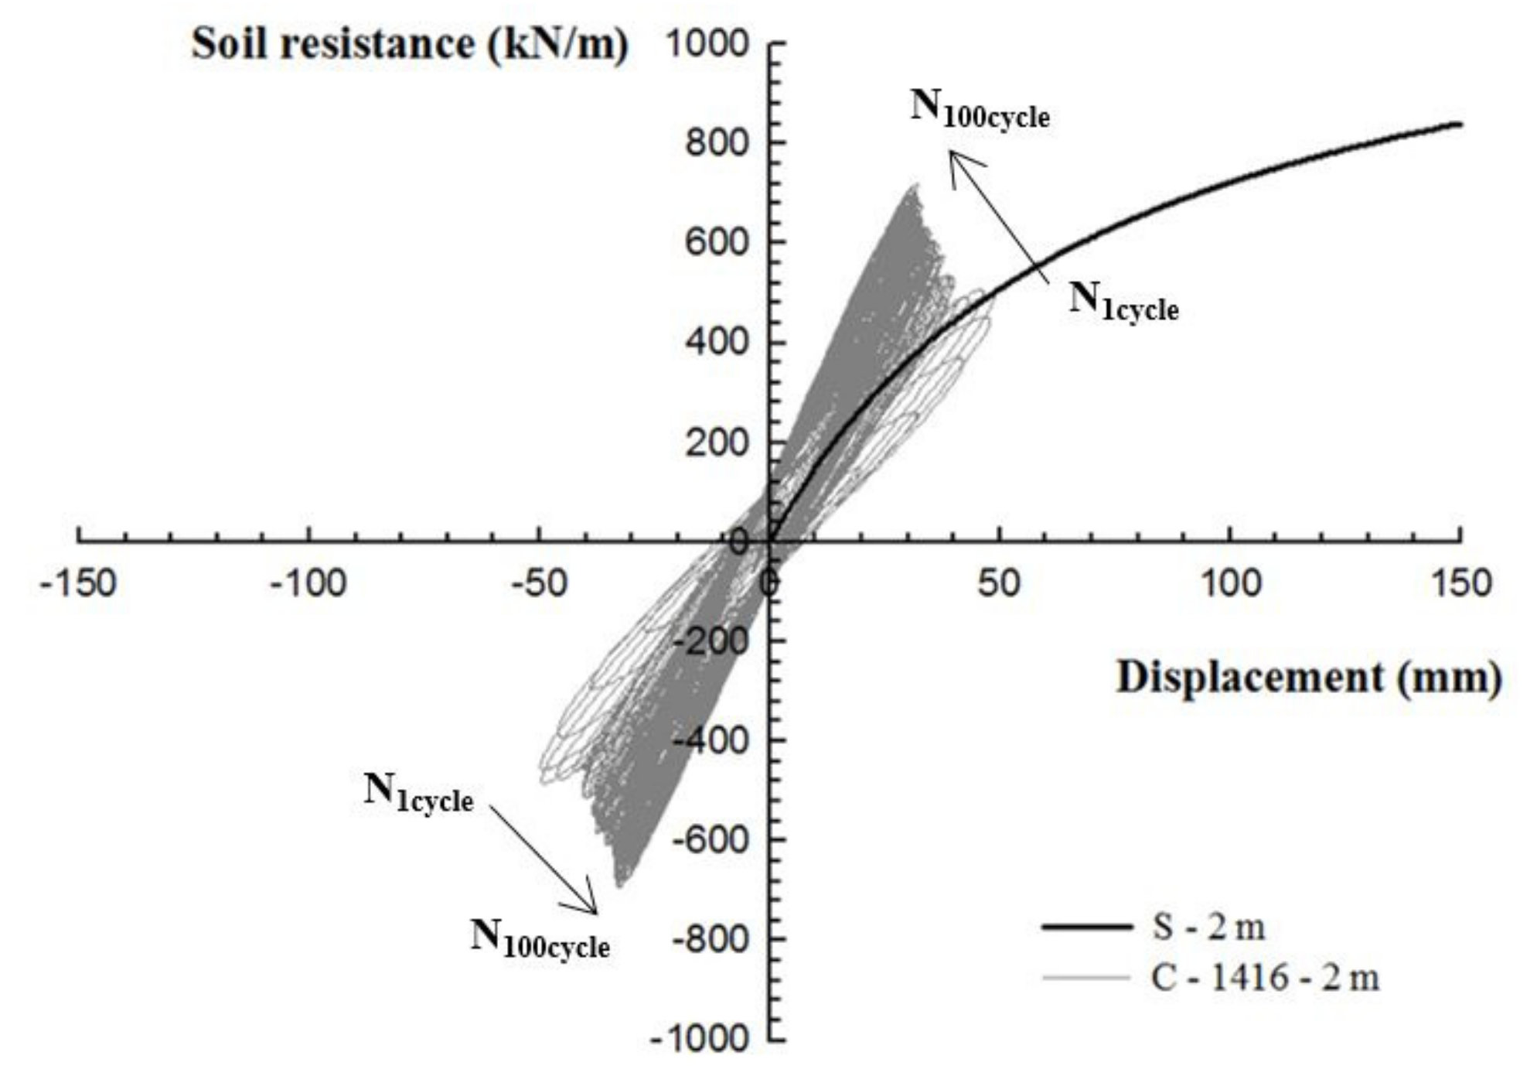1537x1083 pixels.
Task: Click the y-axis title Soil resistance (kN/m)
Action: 409,43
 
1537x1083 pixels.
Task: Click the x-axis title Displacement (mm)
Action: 1308,678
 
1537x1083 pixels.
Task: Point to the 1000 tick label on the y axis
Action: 707,43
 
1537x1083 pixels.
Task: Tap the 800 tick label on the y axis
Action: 717,143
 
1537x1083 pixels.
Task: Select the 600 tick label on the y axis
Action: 717,243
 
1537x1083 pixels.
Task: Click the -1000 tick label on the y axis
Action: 700,1039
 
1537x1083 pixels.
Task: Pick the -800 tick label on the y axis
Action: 709,939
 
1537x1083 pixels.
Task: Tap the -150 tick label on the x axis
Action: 78,582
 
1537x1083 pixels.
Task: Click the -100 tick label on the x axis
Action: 308,582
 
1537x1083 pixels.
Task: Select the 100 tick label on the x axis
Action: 1229,582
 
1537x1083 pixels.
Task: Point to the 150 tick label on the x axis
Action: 1460,582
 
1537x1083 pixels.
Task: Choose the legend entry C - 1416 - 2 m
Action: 1264,978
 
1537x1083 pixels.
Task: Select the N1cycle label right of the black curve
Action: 1123,301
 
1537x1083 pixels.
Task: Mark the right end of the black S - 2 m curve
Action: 1459,124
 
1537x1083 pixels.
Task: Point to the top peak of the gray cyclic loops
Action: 916,186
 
